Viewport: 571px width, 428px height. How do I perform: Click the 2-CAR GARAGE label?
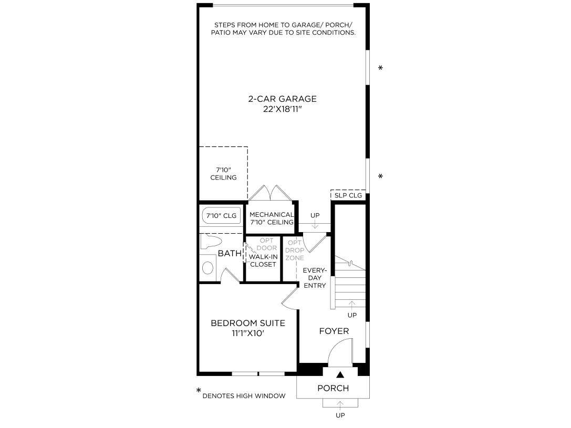click(x=282, y=99)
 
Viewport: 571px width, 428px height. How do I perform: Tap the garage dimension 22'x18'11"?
click(x=282, y=109)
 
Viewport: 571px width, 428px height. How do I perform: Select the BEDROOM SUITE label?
click(x=248, y=322)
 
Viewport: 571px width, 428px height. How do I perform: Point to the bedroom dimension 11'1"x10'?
click(x=248, y=333)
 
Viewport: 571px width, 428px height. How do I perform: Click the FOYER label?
click(x=334, y=331)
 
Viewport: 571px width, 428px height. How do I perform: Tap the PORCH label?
click(x=333, y=388)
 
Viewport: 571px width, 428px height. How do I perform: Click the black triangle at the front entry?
click(x=340, y=374)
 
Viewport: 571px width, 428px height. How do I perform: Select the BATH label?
click(x=230, y=254)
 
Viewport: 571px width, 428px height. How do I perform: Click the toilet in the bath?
click(x=211, y=242)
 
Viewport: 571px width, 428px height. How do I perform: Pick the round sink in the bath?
click(x=208, y=269)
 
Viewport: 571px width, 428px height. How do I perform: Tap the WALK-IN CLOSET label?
click(x=263, y=260)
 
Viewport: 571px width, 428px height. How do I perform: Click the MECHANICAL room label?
click(x=271, y=218)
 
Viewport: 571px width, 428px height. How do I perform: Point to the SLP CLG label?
click(x=348, y=195)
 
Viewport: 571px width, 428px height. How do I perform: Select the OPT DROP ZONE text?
click(x=294, y=250)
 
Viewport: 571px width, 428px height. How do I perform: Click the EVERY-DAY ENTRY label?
click(x=315, y=278)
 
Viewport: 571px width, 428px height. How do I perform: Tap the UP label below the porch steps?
click(x=340, y=415)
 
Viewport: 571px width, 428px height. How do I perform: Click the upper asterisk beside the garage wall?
click(x=380, y=68)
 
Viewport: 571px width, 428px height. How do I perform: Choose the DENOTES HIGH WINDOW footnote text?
click(x=244, y=395)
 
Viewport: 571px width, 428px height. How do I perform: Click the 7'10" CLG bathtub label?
click(x=221, y=216)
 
